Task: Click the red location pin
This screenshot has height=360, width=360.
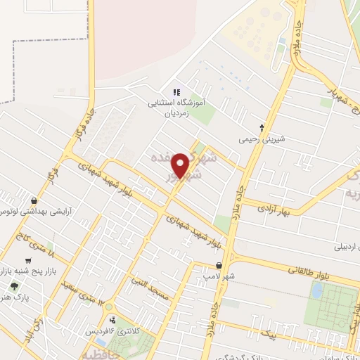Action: click(x=181, y=165)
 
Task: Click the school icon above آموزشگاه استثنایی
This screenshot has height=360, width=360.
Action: click(x=176, y=91)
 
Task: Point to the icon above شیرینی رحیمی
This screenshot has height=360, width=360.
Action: click(x=262, y=128)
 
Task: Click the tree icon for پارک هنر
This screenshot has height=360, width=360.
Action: click(x=15, y=286)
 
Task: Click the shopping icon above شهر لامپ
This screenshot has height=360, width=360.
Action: click(x=220, y=266)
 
